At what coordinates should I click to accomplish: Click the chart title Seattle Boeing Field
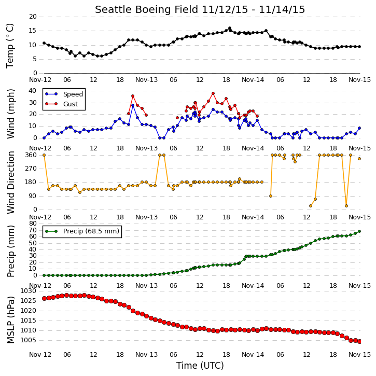(147, 9)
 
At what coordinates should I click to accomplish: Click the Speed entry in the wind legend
(64, 94)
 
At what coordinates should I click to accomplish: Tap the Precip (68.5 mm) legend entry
(82, 231)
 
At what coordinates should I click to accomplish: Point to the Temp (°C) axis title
(10, 46)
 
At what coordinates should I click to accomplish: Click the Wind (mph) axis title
(10, 114)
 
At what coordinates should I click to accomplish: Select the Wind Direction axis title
(10, 183)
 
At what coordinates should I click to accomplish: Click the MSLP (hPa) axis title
(10, 319)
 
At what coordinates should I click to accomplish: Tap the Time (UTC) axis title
(200, 366)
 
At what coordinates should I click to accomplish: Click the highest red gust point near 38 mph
(213, 93)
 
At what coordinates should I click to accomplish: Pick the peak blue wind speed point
(133, 105)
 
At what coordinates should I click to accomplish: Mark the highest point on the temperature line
(229, 28)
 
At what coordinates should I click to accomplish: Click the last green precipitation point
(359, 231)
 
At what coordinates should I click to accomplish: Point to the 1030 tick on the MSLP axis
(29, 291)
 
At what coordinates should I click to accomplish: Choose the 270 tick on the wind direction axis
(31, 169)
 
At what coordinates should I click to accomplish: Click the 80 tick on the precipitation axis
(33, 224)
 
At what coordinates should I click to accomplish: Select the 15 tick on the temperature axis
(33, 31)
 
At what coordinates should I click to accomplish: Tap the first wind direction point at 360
(44, 155)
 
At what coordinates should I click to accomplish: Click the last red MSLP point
(359, 341)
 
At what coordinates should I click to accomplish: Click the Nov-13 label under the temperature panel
(147, 80)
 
